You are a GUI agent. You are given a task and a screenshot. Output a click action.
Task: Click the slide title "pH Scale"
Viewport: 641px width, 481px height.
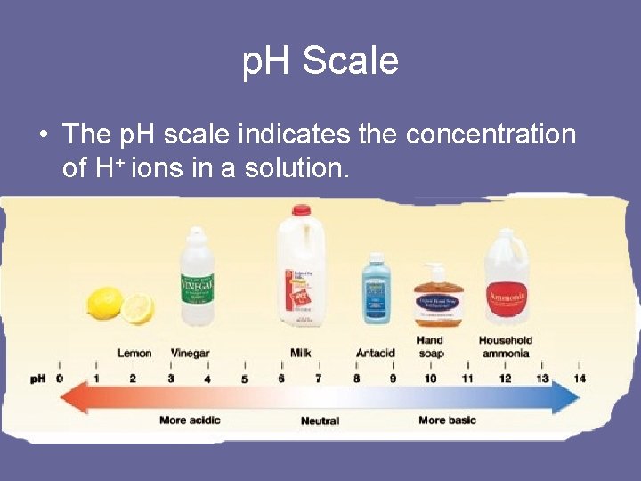pos(320,61)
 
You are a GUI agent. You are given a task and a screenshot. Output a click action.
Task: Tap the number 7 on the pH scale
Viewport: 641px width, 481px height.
pos(319,379)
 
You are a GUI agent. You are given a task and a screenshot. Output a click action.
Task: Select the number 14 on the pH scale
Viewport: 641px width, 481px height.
pos(580,379)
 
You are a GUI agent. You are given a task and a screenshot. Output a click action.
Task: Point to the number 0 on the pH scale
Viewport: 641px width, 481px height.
pos(60,379)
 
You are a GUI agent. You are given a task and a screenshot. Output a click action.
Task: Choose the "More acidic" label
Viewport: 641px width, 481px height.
pos(190,420)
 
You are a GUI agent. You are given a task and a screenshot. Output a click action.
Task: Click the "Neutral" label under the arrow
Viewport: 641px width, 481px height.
pos(320,420)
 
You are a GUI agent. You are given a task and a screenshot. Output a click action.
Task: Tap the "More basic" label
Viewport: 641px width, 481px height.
pos(447,420)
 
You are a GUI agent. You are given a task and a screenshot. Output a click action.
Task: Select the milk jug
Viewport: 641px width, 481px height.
pos(300,267)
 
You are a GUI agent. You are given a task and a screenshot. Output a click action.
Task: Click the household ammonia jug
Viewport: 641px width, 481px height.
pos(507,278)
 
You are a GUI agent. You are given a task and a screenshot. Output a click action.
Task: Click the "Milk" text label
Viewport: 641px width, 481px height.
pos(300,353)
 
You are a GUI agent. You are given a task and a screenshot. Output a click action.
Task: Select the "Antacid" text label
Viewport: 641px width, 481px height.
pos(375,353)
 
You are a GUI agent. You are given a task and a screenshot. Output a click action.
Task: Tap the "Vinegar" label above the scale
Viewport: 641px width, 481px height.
pos(190,353)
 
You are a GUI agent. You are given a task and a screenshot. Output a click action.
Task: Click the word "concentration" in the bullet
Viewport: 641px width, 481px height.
pos(491,135)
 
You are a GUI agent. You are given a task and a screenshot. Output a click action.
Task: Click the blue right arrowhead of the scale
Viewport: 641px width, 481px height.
pos(568,397)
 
